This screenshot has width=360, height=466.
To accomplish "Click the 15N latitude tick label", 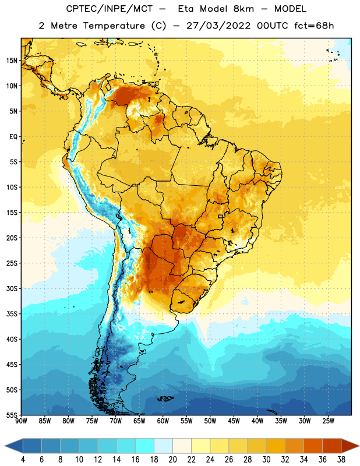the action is click(12, 61).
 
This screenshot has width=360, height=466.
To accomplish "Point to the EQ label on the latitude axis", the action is click(13, 137).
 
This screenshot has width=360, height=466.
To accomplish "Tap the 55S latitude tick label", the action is click(12, 415).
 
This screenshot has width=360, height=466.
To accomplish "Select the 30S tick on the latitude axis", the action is click(12, 288).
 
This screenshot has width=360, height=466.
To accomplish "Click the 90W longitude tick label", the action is click(21, 421).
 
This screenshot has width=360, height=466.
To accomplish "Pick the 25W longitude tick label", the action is click(328, 421).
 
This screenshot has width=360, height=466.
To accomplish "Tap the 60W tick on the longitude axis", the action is click(163, 421).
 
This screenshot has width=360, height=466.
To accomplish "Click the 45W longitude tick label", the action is click(234, 421).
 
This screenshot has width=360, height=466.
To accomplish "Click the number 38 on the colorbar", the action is click(341, 460).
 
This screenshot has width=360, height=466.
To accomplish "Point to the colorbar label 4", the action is click(23, 460).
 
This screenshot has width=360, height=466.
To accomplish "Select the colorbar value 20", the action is click(172, 460).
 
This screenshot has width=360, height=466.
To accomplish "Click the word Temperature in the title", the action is click(114, 26).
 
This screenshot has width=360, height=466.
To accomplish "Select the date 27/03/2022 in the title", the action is click(218, 26).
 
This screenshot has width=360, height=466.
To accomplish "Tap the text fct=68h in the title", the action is click(314, 26).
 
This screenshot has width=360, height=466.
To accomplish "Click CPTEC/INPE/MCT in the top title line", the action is click(109, 9).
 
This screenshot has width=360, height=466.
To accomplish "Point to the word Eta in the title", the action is click(186, 9).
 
